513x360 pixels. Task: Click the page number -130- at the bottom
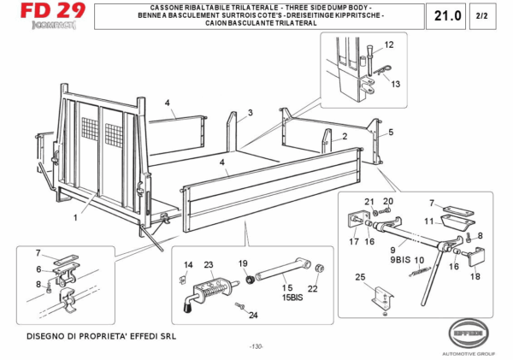[256, 346]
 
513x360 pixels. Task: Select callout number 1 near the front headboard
[75, 217]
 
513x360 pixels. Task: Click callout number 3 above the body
[251, 113]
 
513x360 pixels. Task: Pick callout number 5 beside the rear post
[391, 133]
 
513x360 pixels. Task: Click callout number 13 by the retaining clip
[396, 84]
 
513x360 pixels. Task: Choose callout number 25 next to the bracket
[360, 276]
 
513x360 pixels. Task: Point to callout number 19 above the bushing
[243, 264]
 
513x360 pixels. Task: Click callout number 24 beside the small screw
[253, 316]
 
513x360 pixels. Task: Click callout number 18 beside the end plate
[476, 276]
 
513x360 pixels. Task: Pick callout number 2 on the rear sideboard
[344, 136]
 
